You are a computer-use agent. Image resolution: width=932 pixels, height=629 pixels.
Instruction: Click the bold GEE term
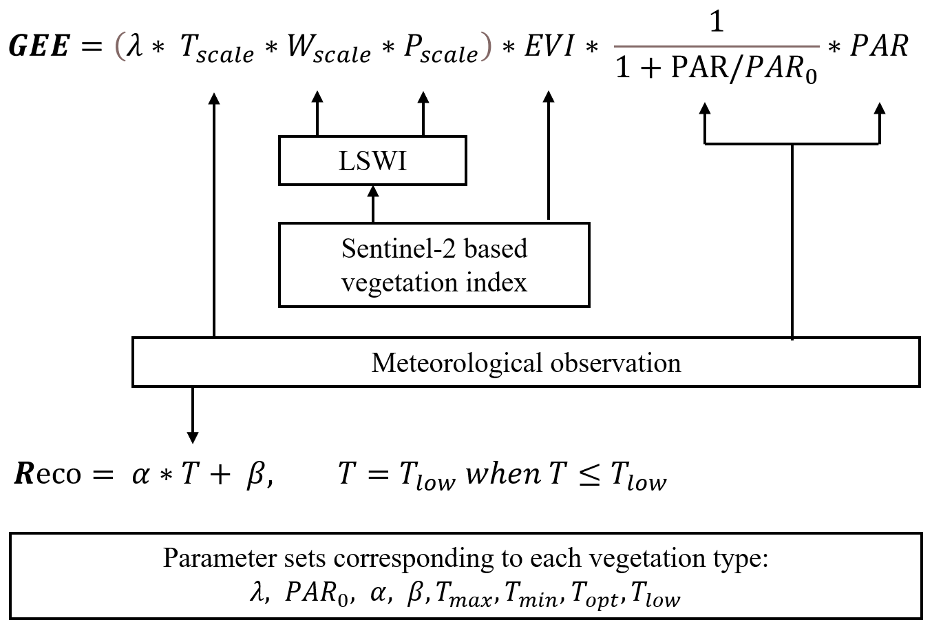click(39, 48)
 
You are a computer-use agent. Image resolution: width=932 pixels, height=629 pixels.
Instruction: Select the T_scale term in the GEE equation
click(216, 49)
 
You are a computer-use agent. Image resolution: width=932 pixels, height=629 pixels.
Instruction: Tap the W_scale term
click(328, 49)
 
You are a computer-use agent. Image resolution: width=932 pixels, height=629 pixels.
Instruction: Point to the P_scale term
click(441, 49)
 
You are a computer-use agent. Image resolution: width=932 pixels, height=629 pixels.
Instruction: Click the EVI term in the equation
click(549, 47)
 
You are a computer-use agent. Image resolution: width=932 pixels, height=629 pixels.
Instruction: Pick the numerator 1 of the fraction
click(717, 23)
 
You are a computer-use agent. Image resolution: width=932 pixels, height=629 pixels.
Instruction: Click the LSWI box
click(372, 161)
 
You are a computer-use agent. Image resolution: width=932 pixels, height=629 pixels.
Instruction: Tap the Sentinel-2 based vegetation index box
click(434, 265)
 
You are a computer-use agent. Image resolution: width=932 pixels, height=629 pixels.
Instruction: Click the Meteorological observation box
click(525, 362)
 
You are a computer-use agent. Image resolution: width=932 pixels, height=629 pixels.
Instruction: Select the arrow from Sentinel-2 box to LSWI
click(373, 204)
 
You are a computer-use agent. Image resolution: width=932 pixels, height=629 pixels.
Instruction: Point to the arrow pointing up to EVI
click(549, 158)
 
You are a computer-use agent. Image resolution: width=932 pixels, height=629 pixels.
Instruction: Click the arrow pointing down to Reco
click(193, 414)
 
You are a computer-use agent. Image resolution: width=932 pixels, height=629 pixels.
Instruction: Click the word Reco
click(47, 474)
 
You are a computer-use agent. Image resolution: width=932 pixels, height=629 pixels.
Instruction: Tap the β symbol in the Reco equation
click(254, 475)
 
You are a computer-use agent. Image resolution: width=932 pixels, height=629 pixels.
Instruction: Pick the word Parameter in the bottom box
click(202, 558)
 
